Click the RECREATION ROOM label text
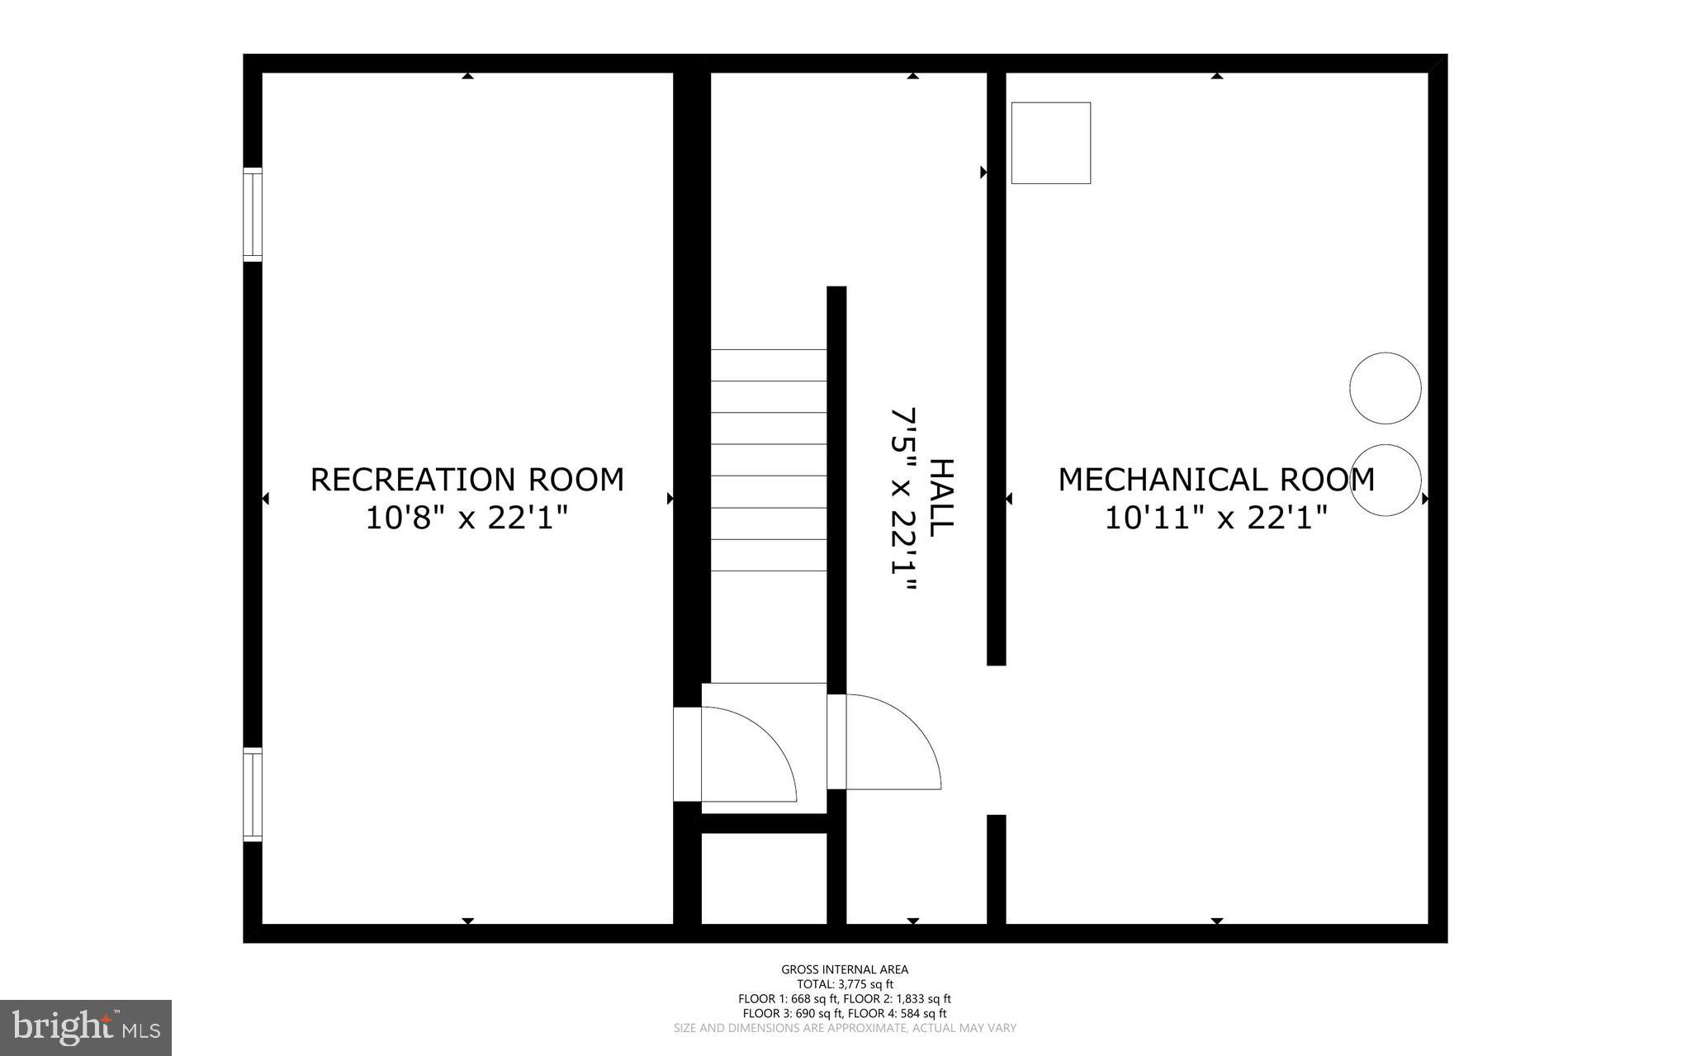click(x=467, y=480)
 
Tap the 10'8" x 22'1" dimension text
click(x=467, y=519)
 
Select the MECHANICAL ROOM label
click(x=1215, y=480)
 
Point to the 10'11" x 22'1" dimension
click(x=1215, y=519)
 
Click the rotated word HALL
click(x=941, y=498)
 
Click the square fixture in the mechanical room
click(x=1050, y=143)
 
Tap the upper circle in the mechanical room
click(x=1385, y=388)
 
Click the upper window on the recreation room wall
click(x=252, y=215)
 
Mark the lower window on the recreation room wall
click(x=252, y=794)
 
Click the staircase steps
click(x=768, y=460)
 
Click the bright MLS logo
click(x=86, y=1027)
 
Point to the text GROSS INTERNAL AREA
click(x=845, y=969)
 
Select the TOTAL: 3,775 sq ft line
click(x=845, y=984)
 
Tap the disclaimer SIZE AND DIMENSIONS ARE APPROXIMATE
click(x=845, y=1028)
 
